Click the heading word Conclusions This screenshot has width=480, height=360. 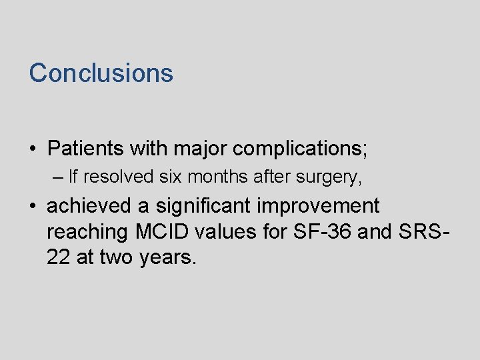point(101,73)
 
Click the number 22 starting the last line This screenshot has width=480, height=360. point(59,257)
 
